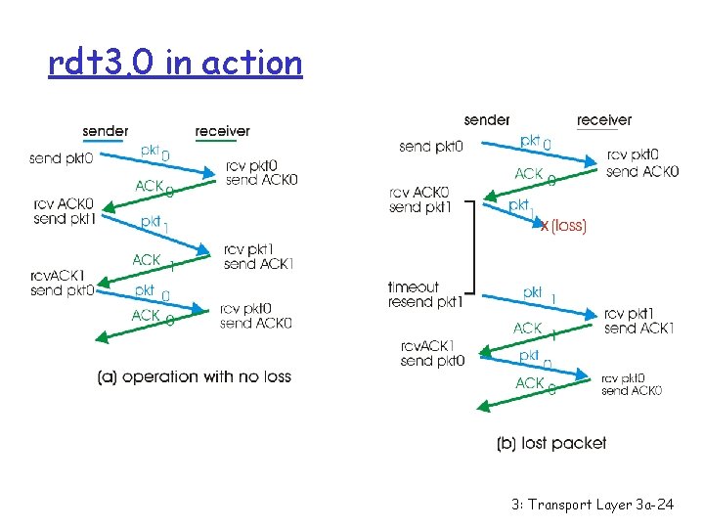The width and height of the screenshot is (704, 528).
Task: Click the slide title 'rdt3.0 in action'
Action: [176, 64]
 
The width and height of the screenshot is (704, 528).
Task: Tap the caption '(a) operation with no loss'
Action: [194, 376]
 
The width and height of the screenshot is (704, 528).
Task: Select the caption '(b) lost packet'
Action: [551, 443]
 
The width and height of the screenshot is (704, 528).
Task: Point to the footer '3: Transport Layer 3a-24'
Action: [593, 505]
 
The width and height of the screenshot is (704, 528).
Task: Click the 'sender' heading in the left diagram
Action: [106, 131]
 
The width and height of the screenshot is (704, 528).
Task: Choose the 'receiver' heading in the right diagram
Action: [604, 120]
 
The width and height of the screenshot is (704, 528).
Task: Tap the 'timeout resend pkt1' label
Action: [424, 294]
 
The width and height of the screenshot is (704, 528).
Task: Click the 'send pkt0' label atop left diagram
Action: [60, 158]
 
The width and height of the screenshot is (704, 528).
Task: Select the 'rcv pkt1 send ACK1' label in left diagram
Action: [258, 257]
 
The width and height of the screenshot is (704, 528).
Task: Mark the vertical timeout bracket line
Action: [474, 247]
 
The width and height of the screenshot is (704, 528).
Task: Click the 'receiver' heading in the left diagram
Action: [222, 131]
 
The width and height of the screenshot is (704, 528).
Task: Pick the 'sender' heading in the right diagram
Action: [487, 120]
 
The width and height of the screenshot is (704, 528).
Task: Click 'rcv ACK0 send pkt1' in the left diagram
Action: [63, 210]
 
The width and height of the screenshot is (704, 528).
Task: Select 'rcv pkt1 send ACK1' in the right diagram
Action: [638, 321]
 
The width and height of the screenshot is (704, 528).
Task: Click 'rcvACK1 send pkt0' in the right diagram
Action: [433, 353]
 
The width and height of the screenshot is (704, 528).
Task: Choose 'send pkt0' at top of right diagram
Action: [430, 147]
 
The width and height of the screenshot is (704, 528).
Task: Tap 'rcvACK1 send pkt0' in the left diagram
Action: [62, 283]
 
